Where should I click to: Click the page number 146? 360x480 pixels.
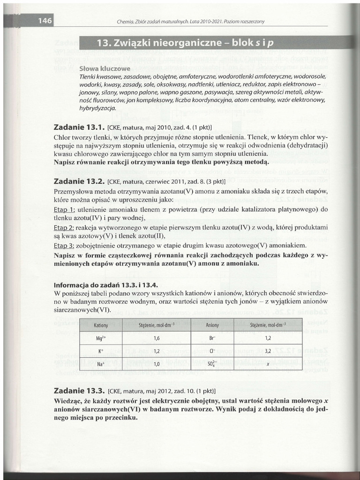[x=45, y=21]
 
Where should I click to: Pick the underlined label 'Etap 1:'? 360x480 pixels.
[x=64, y=209]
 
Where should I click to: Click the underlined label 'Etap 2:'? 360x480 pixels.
[x=64, y=227]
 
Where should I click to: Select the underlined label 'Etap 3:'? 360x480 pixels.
[x=64, y=245]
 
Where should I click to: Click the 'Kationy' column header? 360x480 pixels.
[x=101, y=325]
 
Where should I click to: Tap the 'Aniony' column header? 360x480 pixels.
[x=212, y=325]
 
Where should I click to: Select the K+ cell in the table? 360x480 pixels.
[x=101, y=351]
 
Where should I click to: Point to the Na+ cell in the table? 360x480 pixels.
[x=101, y=364]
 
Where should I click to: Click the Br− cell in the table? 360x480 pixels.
[x=212, y=337]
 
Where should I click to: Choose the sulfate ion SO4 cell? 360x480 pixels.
[x=212, y=364]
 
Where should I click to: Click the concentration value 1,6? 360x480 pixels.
[x=157, y=337]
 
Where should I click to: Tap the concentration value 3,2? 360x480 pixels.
[x=268, y=351]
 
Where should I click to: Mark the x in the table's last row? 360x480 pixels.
[x=268, y=364]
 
